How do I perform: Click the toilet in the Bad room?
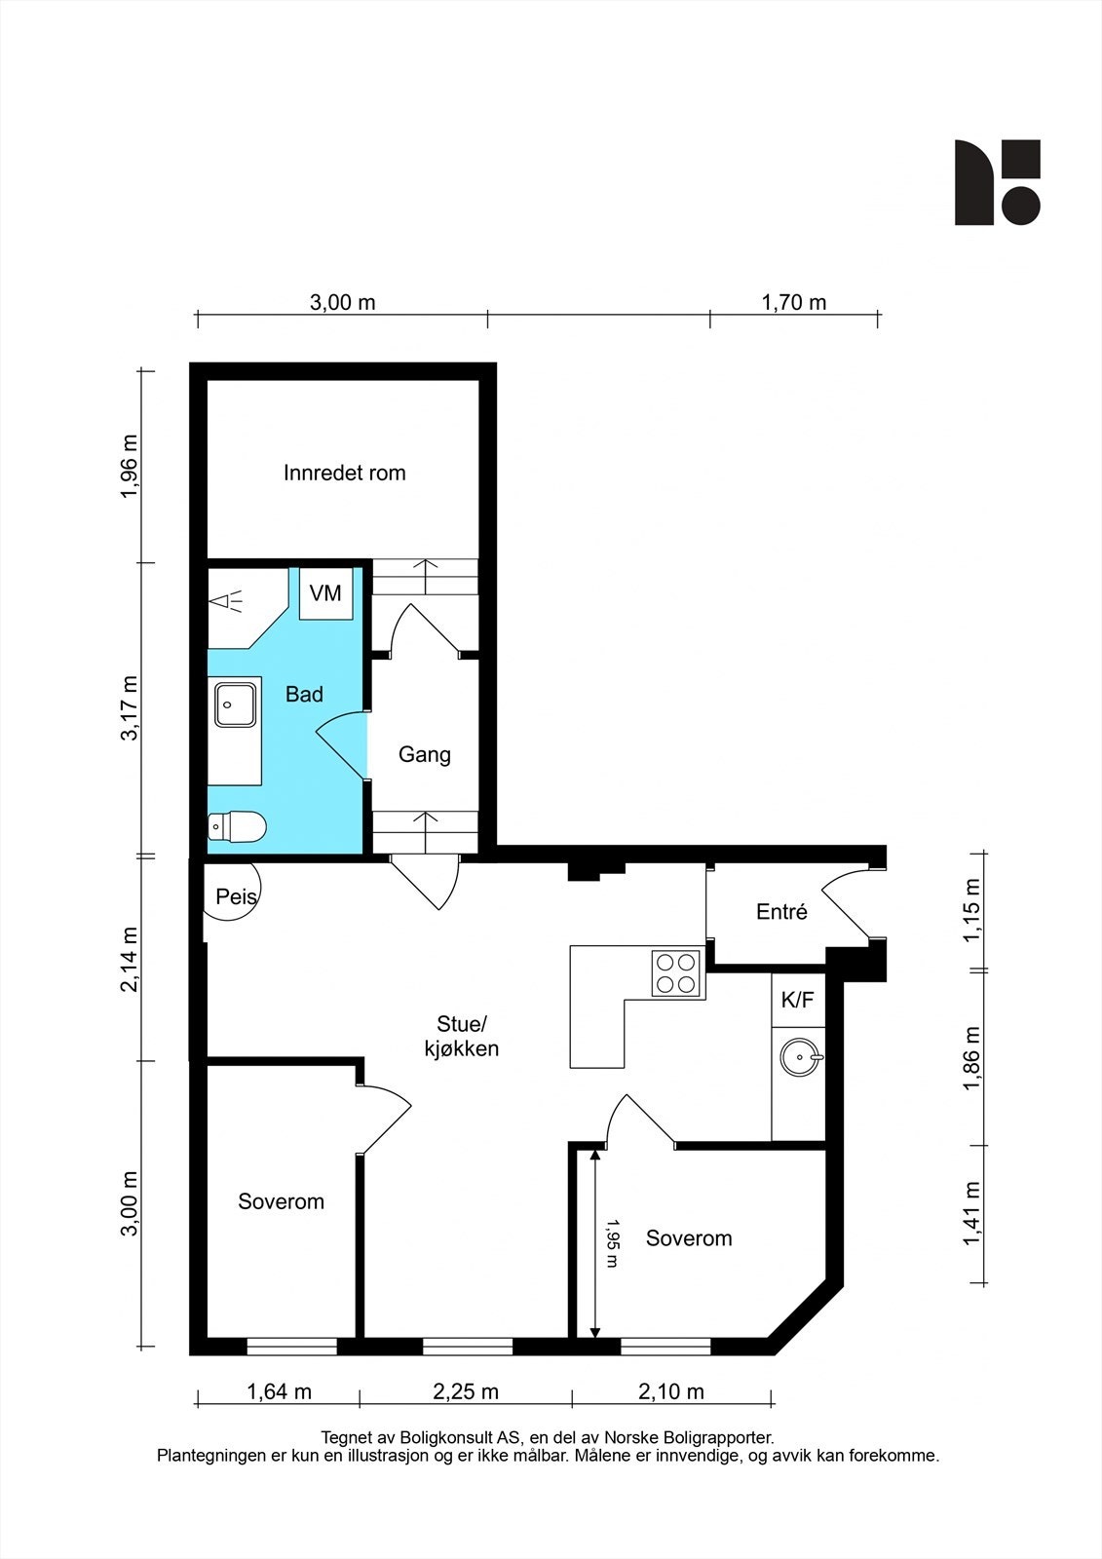tap(238, 827)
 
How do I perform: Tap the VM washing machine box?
tap(325, 592)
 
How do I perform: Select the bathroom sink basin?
tap(235, 703)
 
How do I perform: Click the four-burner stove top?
tap(677, 972)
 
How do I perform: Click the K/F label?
tap(797, 1000)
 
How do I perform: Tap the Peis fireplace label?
tap(235, 896)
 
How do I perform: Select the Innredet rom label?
tap(344, 474)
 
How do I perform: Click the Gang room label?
tap(425, 755)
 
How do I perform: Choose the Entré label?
tap(781, 913)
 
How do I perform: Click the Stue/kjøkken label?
tap(461, 1037)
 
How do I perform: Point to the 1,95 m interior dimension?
tap(612, 1242)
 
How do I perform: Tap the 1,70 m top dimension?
tap(793, 303)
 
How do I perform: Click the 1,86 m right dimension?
tap(971, 1058)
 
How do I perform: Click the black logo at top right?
tap(997, 182)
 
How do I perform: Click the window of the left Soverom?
tap(291, 1347)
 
